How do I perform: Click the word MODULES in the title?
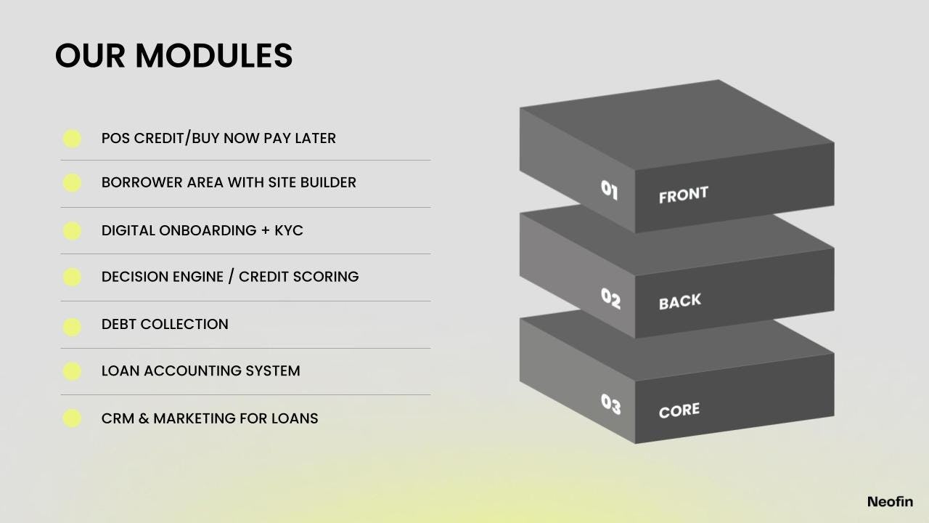coord(214,56)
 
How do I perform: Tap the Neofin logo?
coord(890,501)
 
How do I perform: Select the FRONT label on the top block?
coord(683,195)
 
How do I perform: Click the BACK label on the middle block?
coord(680,301)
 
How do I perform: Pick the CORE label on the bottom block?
coord(679,410)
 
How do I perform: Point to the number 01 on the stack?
coord(610,190)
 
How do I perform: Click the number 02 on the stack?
coord(610,298)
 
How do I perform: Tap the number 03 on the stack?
coord(610,405)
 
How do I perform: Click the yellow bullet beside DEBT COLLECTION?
coord(72,327)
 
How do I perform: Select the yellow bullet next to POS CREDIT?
coord(72,139)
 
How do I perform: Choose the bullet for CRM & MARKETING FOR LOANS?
coord(72,418)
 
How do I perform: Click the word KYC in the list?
coord(289,230)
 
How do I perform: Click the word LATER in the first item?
coord(315,138)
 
